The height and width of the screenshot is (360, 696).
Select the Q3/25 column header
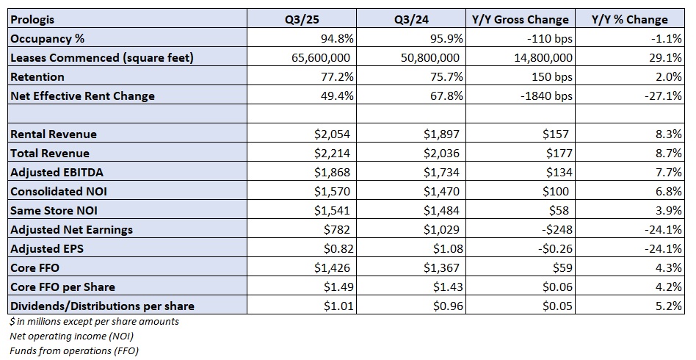click(x=302, y=20)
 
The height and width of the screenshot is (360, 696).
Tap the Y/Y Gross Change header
click(x=521, y=20)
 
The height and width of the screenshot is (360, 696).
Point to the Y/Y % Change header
click(x=629, y=20)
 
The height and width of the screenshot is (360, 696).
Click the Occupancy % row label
click(x=48, y=39)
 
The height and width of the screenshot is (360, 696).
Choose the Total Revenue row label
click(x=50, y=154)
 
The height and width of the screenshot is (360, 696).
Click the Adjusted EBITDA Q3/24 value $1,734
click(x=442, y=173)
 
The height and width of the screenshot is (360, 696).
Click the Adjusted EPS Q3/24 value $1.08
click(x=448, y=249)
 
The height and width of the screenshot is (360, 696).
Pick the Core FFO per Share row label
click(x=62, y=287)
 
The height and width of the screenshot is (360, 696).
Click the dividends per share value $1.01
click(x=338, y=306)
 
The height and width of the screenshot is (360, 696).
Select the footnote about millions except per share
click(x=94, y=321)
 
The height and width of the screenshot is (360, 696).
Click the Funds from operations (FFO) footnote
click(x=74, y=350)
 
